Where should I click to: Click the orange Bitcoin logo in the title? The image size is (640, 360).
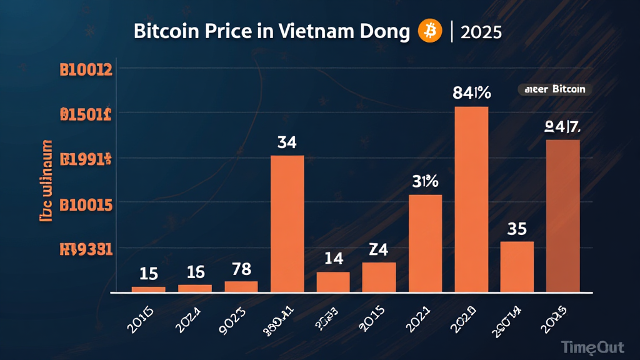click(x=430, y=31)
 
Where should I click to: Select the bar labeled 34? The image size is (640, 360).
click(x=287, y=223)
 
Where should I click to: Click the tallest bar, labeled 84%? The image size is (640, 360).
click(x=471, y=199)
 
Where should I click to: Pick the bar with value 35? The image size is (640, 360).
click(x=517, y=266)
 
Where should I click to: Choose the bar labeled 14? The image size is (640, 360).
click(x=333, y=282)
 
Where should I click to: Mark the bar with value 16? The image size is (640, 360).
click(x=195, y=288)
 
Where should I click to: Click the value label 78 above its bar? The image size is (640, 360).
click(x=241, y=269)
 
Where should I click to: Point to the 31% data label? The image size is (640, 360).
click(x=425, y=182)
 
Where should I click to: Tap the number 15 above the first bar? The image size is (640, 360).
click(x=148, y=273)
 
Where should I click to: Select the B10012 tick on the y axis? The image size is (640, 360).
click(x=86, y=70)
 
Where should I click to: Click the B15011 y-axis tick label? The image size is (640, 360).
click(x=86, y=114)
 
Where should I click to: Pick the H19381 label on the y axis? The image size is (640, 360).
click(x=86, y=249)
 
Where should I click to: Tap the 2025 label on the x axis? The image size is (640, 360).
click(x=553, y=311)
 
